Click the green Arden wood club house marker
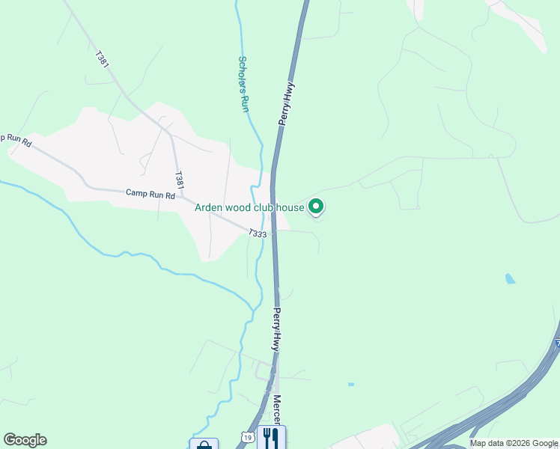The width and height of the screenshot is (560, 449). [316, 207]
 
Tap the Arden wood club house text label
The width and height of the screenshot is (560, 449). [249, 207]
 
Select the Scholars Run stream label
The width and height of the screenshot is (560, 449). [243, 84]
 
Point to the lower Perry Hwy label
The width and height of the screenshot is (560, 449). [276, 330]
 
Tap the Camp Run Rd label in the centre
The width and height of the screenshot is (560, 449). [150, 194]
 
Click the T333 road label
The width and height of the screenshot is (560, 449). [258, 234]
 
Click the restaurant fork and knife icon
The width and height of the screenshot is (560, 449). [271, 437]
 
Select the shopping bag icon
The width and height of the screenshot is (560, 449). [204, 445]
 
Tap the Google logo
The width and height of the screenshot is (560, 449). [25, 440]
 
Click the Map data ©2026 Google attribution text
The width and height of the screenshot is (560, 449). [514, 443]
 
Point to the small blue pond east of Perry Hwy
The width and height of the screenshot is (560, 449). [510, 279]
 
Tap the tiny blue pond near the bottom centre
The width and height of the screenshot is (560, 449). [350, 385]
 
